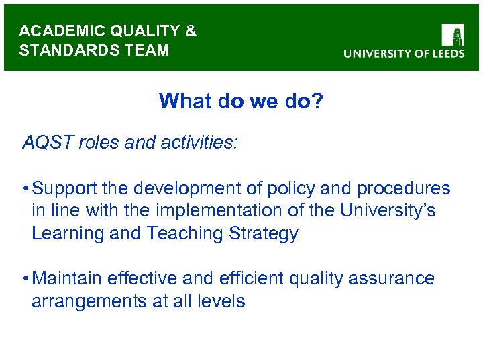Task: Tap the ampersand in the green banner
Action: [191, 32]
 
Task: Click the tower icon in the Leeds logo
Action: [453, 34]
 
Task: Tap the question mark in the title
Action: [317, 102]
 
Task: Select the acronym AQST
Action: [47, 143]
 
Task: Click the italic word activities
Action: [195, 143]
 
